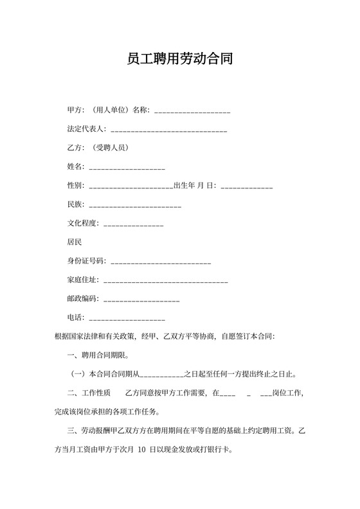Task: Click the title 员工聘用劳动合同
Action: pyautogui.click(x=179, y=60)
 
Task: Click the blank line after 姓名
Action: pyautogui.click(x=127, y=167)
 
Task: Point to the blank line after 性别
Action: pyautogui.click(x=130, y=186)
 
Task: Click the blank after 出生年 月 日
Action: pyautogui.click(x=247, y=186)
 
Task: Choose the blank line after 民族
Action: pyautogui.click(x=134, y=205)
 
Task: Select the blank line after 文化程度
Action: pyautogui.click(x=133, y=224)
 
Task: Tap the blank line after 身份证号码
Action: pyautogui.click(x=161, y=262)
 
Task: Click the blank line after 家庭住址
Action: pyautogui.click(x=165, y=280)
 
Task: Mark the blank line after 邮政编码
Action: pyautogui.click(x=141, y=299)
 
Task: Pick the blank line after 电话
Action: pyautogui.click(x=127, y=317)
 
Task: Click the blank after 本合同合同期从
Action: pyautogui.click(x=161, y=374)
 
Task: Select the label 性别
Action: pyautogui.click(x=75, y=186)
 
